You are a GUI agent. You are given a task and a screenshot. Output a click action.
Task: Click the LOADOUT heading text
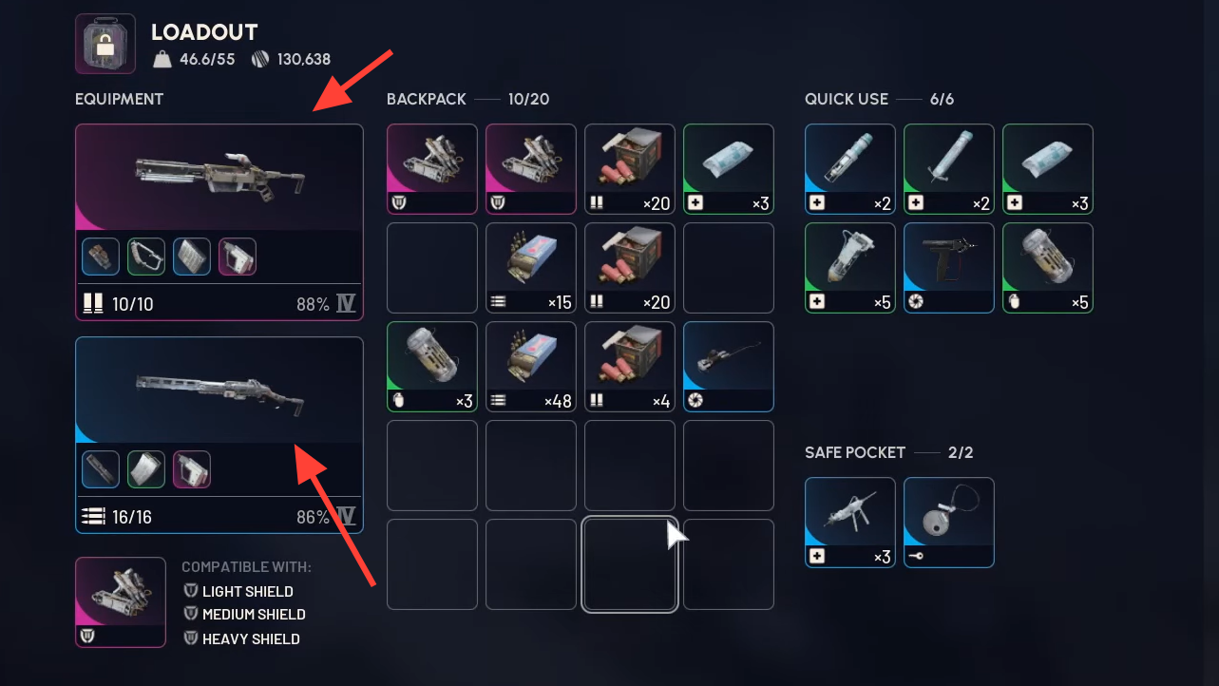(x=204, y=32)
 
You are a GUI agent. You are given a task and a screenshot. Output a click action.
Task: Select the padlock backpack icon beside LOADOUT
(x=105, y=44)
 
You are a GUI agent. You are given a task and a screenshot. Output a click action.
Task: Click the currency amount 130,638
(x=304, y=60)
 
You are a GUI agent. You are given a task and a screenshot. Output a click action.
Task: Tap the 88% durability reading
(x=313, y=304)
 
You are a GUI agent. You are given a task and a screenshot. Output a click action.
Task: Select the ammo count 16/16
(x=132, y=517)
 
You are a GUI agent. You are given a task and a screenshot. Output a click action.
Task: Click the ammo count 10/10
(x=132, y=304)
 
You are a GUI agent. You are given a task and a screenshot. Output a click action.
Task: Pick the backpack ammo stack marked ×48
(x=530, y=367)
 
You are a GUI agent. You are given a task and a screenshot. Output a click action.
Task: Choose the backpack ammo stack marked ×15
(x=530, y=268)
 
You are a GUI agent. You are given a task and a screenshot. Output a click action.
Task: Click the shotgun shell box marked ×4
(x=629, y=367)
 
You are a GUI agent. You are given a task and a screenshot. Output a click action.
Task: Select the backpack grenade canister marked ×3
(x=431, y=367)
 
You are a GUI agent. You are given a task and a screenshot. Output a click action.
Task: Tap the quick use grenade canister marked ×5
(x=1047, y=268)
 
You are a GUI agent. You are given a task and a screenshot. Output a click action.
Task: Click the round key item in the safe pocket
(x=948, y=522)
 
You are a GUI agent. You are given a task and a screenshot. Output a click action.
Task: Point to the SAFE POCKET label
(x=855, y=452)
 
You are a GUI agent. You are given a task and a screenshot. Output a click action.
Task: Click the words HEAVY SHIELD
(x=251, y=638)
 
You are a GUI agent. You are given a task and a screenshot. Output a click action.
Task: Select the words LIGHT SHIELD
(x=247, y=591)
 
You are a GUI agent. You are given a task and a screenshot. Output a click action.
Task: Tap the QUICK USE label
(x=847, y=99)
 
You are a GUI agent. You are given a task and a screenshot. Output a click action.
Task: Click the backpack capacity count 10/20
(x=528, y=99)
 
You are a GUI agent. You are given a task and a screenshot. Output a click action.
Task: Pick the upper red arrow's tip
(x=317, y=109)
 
